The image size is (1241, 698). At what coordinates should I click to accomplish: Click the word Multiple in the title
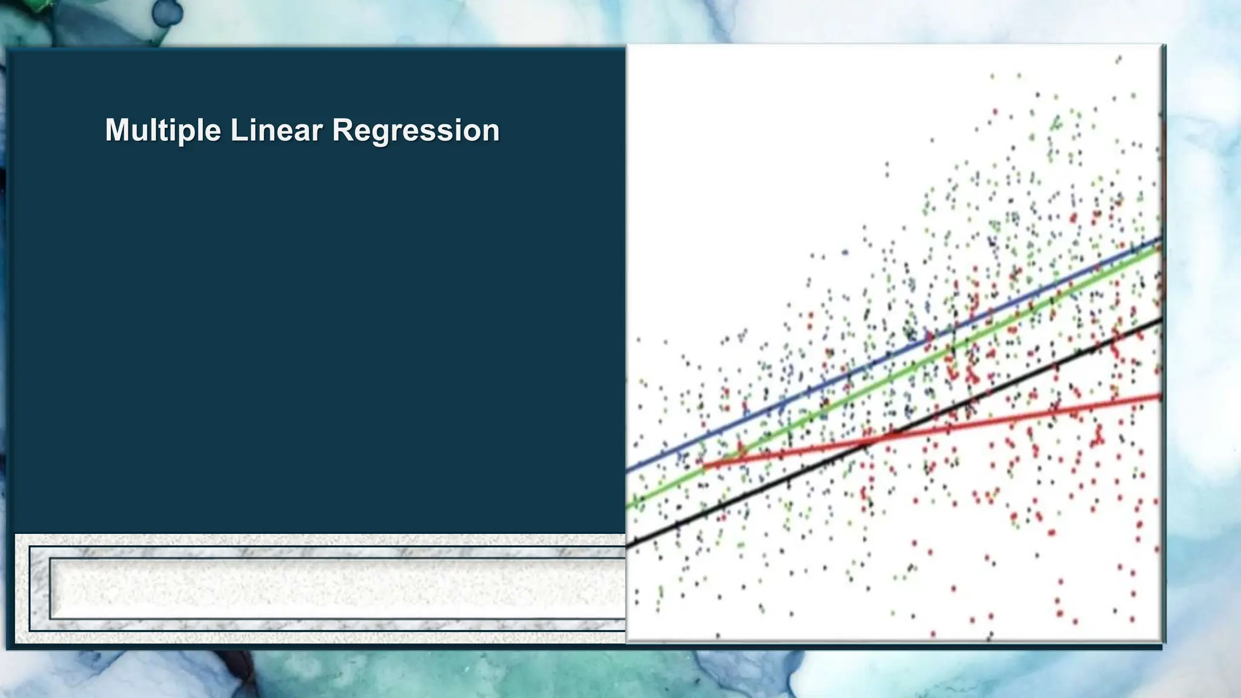click(x=162, y=130)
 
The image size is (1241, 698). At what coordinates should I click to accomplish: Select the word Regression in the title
click(x=416, y=130)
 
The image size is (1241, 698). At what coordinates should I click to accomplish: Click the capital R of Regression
click(x=342, y=130)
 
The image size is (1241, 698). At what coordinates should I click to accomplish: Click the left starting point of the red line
click(x=705, y=467)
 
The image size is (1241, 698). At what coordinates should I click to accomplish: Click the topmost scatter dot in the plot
click(x=1119, y=59)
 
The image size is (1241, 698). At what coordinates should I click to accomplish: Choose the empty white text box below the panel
click(x=337, y=588)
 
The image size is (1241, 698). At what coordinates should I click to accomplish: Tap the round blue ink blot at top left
click(x=167, y=12)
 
